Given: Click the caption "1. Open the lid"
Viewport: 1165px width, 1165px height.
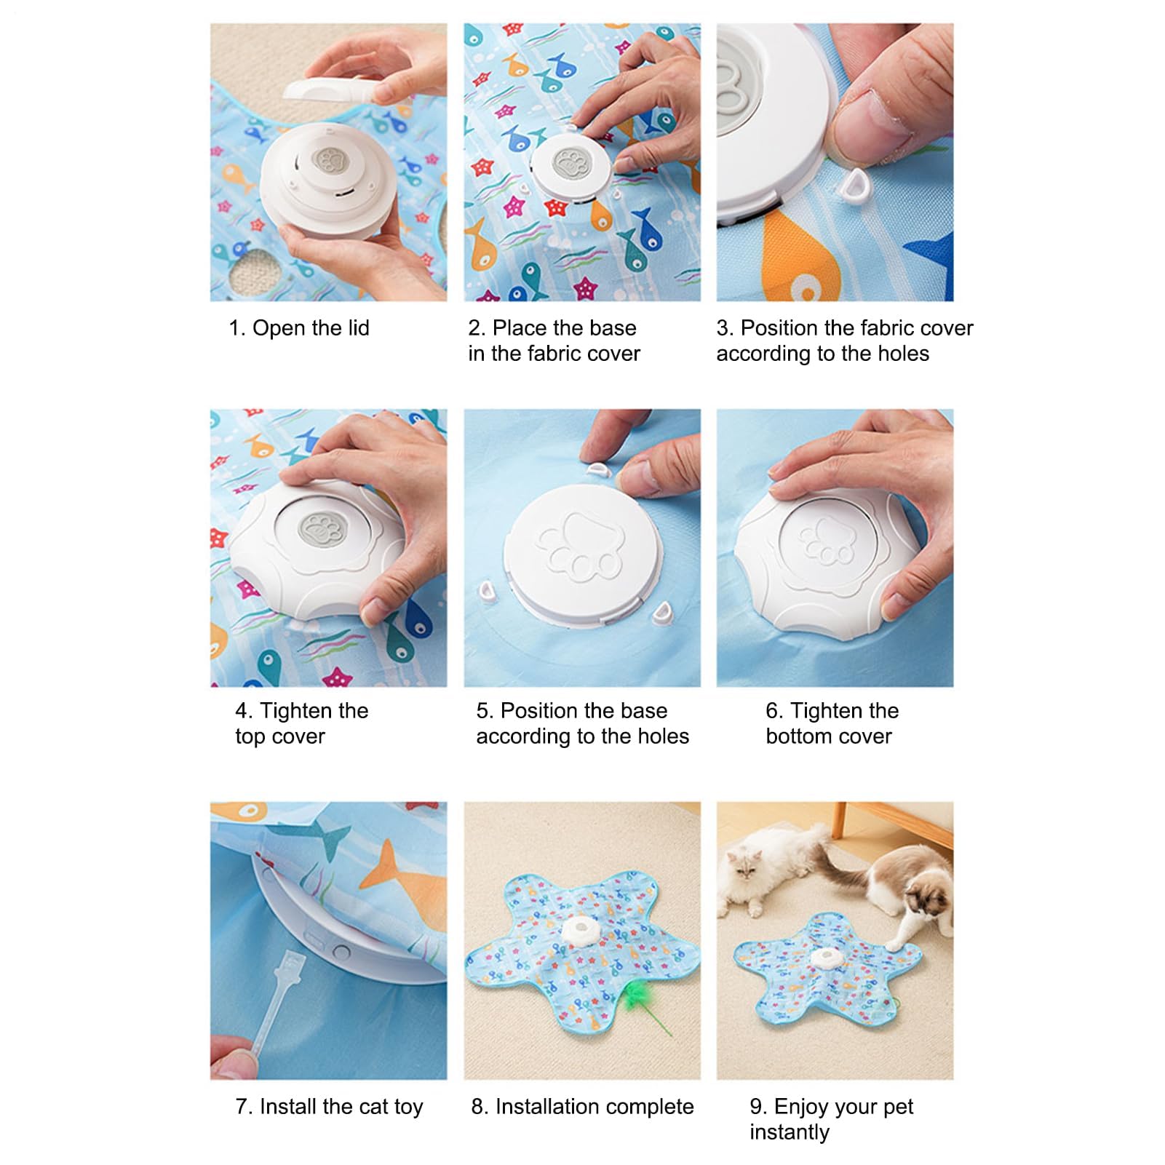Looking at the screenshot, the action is (x=299, y=328).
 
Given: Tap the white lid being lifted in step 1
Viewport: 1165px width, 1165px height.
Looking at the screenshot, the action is (x=331, y=91).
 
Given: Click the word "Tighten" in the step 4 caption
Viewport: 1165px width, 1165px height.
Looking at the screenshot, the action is (x=314, y=711).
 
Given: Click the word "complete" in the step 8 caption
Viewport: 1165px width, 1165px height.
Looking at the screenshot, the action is (x=651, y=1107).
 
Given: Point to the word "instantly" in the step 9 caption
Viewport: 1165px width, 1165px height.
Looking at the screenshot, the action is (x=790, y=1132).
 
